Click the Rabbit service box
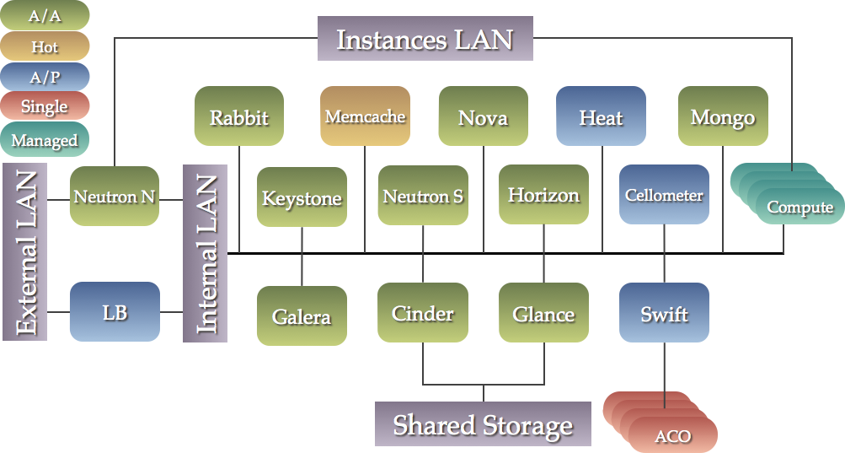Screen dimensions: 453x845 tap(238, 116)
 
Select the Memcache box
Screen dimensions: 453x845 tap(365, 116)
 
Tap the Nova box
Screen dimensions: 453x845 tap(483, 116)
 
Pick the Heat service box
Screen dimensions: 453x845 tap(601, 116)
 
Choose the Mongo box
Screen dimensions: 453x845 tap(722, 116)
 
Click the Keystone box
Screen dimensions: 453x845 tap(302, 197)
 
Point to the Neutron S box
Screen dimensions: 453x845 tap(422, 196)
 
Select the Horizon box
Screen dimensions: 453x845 tap(543, 195)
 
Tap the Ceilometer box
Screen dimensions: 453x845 tap(664, 195)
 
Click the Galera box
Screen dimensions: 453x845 tap(302, 316)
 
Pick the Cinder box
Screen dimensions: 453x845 tap(422, 313)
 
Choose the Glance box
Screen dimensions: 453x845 tap(543, 313)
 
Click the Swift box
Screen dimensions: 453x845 tap(664, 313)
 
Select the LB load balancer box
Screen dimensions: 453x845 tap(115, 312)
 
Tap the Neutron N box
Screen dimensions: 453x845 tap(115, 197)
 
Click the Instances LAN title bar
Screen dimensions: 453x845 tap(425, 39)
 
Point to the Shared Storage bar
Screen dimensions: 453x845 tap(483, 423)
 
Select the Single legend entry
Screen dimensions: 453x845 tap(45, 107)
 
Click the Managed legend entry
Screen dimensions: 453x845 tap(45, 140)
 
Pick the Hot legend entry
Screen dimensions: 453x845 tap(45, 47)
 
